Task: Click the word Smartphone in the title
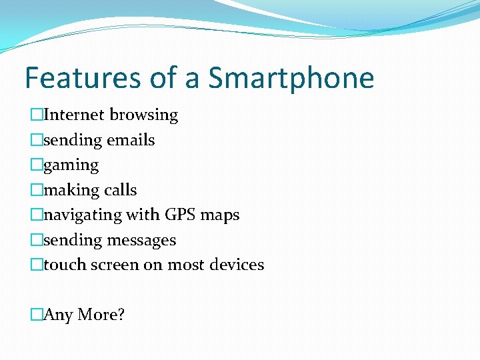(x=291, y=79)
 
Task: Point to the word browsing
(x=144, y=115)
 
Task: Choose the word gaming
(x=71, y=165)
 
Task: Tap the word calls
(x=120, y=190)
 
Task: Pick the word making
(x=71, y=191)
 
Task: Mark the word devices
(x=236, y=265)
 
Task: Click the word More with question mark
(x=101, y=315)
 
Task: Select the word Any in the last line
(x=58, y=315)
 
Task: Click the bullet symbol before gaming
(x=36, y=165)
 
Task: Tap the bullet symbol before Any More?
(x=36, y=314)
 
